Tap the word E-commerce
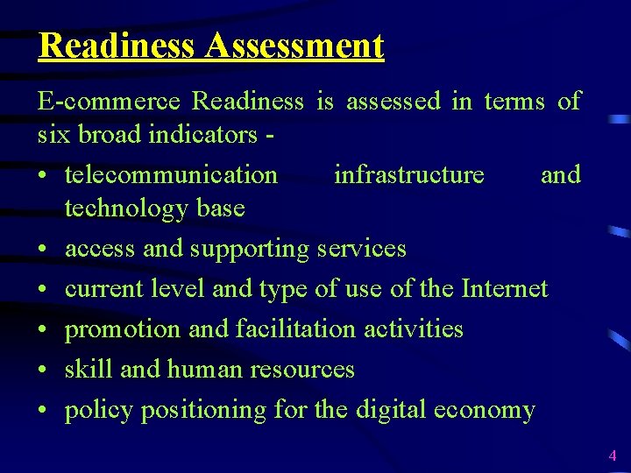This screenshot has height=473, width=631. pos(109,102)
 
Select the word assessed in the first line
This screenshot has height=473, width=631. pos(393,102)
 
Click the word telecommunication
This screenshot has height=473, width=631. pos(171,174)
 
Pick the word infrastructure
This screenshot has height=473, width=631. pos(408,174)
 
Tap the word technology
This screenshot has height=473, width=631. pos(128,208)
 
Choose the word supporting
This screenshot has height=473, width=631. pos(250,249)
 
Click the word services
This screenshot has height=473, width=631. pos(362,249)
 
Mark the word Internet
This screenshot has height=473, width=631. pos(504,288)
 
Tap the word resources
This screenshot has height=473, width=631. pos(302,370)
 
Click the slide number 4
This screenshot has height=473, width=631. pos(613,455)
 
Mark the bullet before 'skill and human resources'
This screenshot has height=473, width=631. pos(43,371)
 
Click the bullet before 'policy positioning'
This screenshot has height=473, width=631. pos(43,411)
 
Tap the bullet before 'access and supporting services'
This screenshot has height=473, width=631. pos(43,250)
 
